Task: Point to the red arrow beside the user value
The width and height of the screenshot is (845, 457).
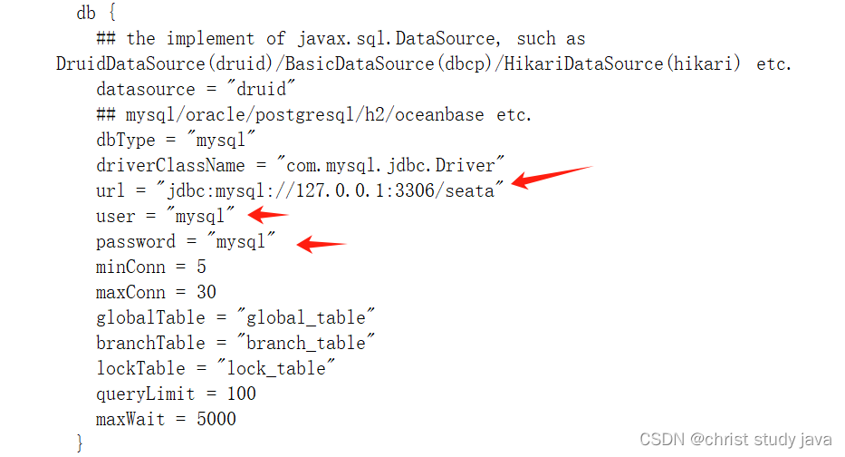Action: (268, 215)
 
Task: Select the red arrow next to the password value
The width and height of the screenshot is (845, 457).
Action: (322, 242)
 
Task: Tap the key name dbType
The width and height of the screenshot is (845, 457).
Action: (126, 140)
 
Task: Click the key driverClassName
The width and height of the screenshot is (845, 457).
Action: (170, 165)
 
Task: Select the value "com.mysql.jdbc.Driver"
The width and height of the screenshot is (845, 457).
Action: (390, 165)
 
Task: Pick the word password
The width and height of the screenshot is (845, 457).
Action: (136, 241)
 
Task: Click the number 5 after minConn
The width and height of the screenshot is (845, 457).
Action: (201, 267)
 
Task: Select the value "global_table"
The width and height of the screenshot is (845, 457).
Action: (306, 317)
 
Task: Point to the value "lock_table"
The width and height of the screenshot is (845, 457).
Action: (276, 368)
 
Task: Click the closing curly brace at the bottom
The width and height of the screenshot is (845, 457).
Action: (80, 442)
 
